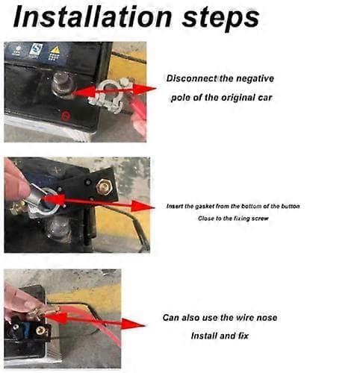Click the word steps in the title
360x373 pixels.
[x=221, y=19]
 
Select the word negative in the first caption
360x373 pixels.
[x=255, y=78]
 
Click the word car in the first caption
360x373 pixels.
[x=265, y=98]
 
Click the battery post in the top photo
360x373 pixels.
[x=62, y=84]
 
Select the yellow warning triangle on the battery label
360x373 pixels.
[x=55, y=50]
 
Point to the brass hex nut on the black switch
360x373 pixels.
[x=105, y=186]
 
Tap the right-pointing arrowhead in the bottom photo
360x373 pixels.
[x=133, y=325]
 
